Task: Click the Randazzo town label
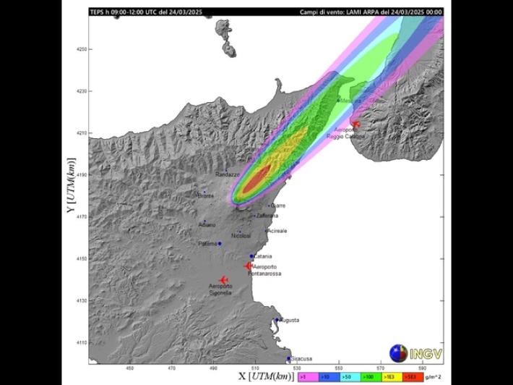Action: [227, 175]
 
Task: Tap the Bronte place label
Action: [206, 196]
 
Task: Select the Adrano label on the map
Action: [207, 225]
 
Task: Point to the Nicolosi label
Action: [241, 236]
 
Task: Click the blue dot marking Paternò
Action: [220, 244]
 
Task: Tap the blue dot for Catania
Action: [252, 256]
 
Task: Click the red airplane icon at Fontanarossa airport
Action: [248, 266]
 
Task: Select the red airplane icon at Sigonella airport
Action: [223, 281]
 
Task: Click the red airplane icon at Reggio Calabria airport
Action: [355, 124]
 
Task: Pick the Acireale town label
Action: [277, 231]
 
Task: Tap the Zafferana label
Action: [267, 216]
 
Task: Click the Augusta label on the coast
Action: [289, 320]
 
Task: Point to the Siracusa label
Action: [301, 358]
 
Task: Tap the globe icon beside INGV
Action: [398, 354]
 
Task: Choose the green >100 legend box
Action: [368, 376]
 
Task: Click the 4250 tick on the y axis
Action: [81, 49]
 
